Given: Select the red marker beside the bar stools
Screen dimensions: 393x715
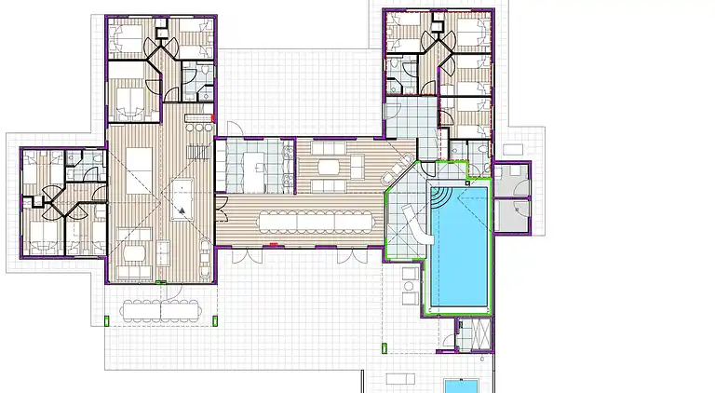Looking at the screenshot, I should [216, 118].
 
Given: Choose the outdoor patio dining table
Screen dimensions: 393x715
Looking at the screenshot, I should [164, 309].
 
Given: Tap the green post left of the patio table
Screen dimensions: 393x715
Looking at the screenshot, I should [109, 320].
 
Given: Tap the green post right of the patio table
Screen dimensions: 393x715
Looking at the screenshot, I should [216, 320].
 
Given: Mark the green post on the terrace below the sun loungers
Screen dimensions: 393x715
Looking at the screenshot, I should [384, 348].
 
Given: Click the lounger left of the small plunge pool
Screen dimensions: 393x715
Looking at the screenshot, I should [402, 379].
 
